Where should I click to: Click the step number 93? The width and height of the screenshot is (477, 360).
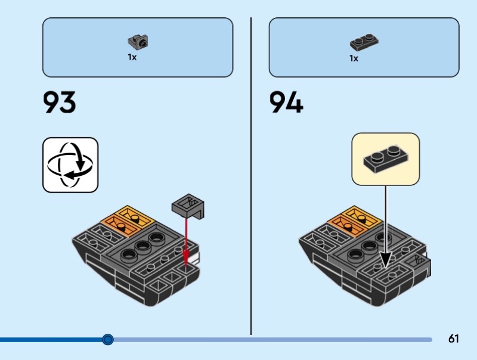pyautogui.click(x=60, y=103)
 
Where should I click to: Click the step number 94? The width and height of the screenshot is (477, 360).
pyautogui.click(x=286, y=103)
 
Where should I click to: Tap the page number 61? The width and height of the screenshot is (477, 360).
pyautogui.click(x=453, y=339)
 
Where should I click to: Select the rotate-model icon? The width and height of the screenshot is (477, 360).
pyautogui.click(x=70, y=165)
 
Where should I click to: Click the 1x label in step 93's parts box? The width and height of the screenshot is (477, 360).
pyautogui.click(x=132, y=58)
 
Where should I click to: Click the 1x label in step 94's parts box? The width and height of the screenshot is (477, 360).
pyautogui.click(x=354, y=58)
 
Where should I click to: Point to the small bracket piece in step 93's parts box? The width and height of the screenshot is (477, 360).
pyautogui.click(x=138, y=42)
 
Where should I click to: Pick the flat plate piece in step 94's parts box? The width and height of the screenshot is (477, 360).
pyautogui.click(x=364, y=43)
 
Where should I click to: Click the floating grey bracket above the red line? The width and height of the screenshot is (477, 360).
pyautogui.click(x=188, y=206)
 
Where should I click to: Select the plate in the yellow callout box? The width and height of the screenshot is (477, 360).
pyautogui.click(x=385, y=158)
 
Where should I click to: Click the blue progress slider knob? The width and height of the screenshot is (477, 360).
pyautogui.click(x=108, y=340)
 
